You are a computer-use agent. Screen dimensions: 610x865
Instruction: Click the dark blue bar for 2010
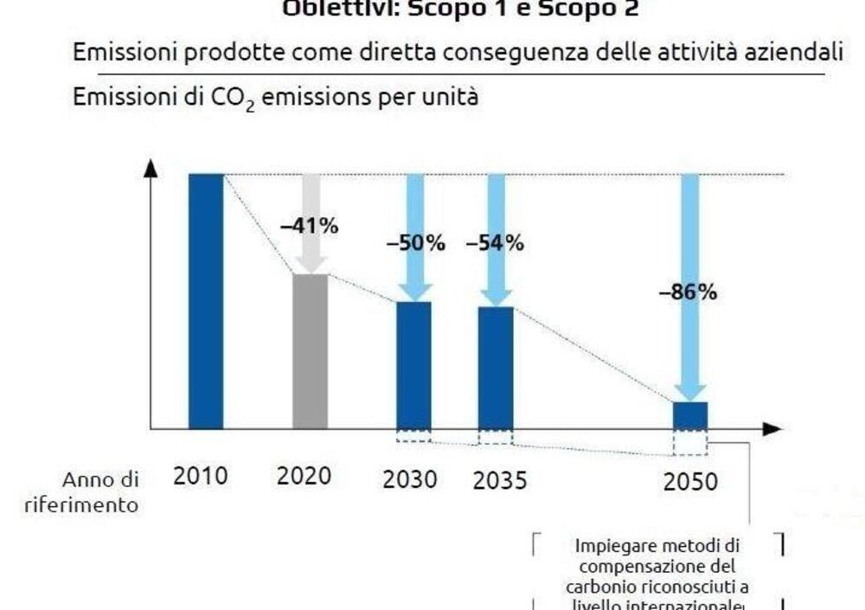coord(206,301)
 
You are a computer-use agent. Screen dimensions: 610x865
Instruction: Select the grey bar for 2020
coord(310,351)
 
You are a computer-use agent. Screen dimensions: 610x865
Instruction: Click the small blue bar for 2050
coord(690,415)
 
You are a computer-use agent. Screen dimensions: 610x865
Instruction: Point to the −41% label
coord(309,227)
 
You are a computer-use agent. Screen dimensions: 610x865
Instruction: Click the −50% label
coord(415,244)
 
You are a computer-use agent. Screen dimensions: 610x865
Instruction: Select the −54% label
coord(495,244)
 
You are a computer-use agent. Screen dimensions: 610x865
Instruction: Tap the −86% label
coord(688,292)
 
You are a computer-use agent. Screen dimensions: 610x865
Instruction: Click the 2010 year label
coord(201,476)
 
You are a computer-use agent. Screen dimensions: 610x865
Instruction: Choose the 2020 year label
coord(304,476)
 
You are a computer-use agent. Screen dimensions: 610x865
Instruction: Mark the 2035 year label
coord(499,480)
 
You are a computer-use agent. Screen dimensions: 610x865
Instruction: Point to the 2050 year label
coord(690,482)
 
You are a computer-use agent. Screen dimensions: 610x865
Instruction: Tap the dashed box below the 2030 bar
coord(413,436)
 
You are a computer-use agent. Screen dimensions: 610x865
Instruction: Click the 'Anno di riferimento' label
coord(83,492)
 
